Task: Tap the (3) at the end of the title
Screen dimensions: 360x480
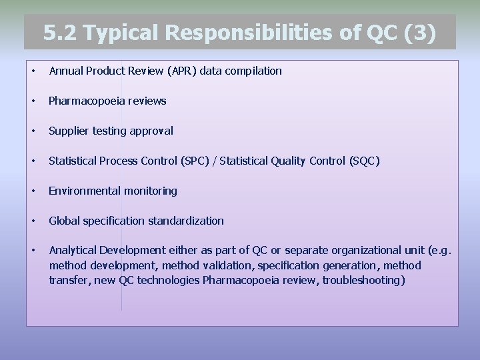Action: click(421, 33)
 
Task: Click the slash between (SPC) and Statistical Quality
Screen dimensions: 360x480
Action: click(216, 161)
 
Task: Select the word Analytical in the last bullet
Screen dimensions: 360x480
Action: click(73, 251)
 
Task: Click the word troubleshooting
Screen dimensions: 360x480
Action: click(363, 280)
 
